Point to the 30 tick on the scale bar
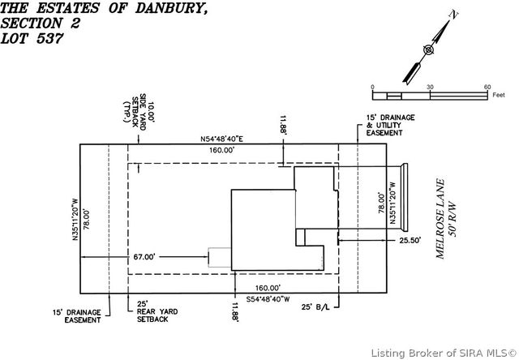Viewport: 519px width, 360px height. (430, 87)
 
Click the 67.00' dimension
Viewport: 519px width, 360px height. (144, 257)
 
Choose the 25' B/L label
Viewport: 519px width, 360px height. (313, 308)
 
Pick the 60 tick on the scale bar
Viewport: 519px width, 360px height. (487, 87)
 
